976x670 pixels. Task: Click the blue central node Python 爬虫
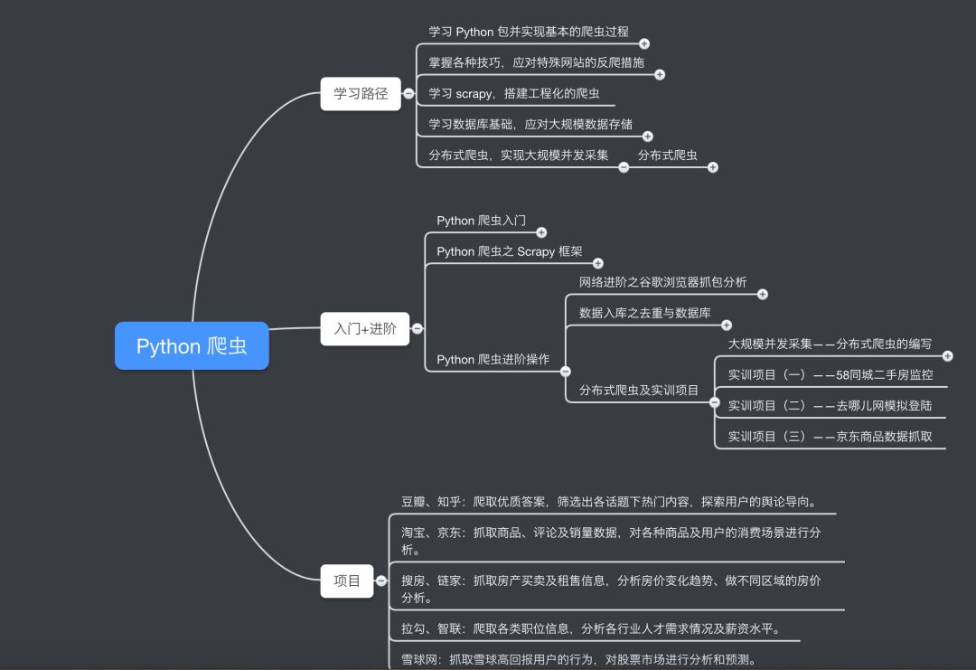point(192,345)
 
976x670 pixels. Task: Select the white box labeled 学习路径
point(361,93)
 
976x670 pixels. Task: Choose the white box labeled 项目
point(347,580)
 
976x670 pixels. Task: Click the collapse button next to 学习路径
point(408,93)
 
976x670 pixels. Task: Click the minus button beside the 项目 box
point(381,580)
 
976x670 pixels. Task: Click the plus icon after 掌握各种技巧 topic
point(660,75)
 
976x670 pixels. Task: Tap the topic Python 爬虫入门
point(481,221)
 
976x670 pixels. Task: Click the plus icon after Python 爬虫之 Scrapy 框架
point(597,263)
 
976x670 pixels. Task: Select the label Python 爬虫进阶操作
point(493,360)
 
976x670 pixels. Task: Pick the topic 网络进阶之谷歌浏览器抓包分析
point(662,282)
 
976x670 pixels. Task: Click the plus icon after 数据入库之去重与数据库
point(727,325)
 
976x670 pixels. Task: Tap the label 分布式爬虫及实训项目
point(639,391)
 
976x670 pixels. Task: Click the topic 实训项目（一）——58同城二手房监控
point(831,374)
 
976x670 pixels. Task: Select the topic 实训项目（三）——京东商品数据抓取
point(831,437)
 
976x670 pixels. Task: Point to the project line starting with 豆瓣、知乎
point(609,502)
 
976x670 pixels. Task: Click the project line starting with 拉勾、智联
point(590,629)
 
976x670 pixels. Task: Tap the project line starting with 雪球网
point(578,659)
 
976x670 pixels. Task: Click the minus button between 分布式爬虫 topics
point(624,166)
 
